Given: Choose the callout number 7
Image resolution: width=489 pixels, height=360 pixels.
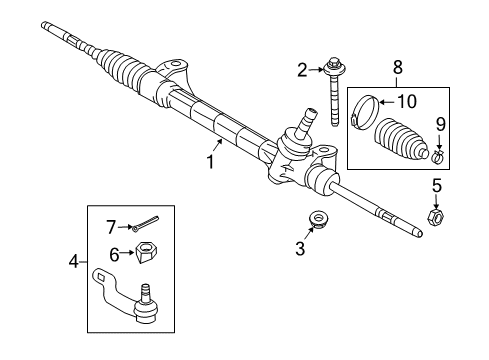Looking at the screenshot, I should pos(112,226).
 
